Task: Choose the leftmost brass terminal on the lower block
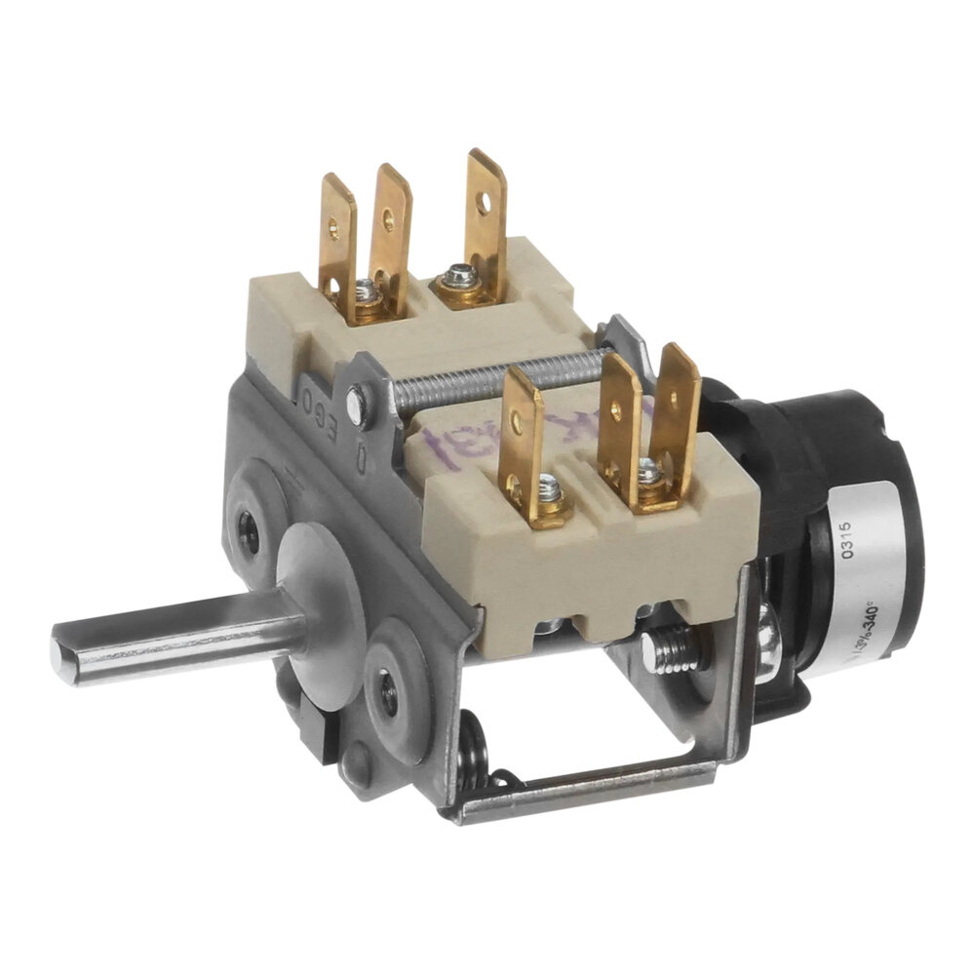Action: pos(522,439)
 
